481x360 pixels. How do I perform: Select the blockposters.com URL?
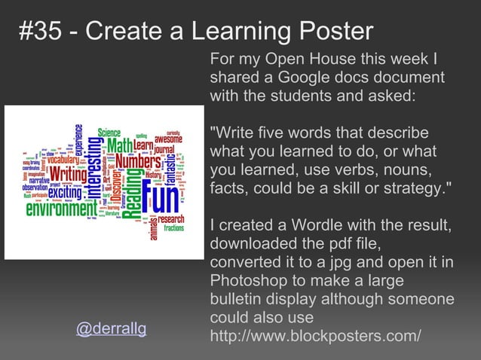coord(315,336)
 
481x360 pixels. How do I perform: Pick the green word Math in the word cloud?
coord(119,144)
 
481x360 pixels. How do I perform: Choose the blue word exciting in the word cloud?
coord(65,194)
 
